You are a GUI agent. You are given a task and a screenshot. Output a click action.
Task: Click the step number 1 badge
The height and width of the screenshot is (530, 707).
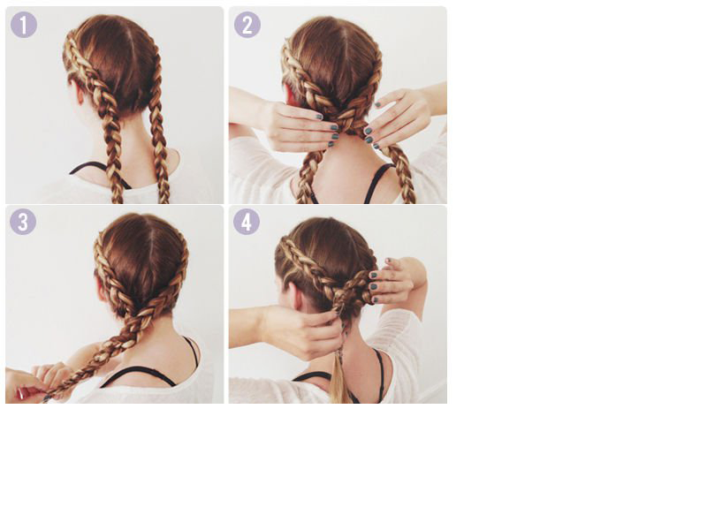tap(24, 25)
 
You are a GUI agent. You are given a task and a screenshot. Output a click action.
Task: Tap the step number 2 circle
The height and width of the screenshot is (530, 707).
tap(247, 25)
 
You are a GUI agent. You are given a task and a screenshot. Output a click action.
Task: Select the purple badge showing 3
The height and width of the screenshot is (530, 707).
tap(23, 222)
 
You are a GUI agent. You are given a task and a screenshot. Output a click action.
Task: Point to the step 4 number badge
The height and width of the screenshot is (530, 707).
tap(247, 222)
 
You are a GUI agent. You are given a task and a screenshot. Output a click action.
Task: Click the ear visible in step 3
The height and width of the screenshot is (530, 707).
tap(102, 290)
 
